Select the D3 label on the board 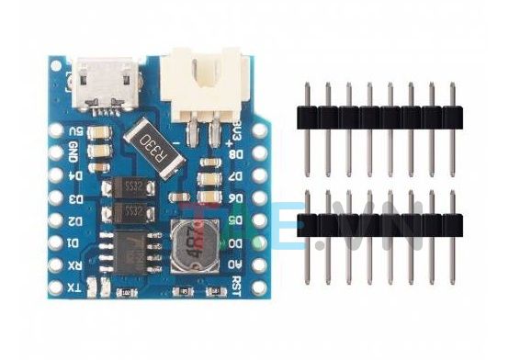pyautogui.click(x=76, y=197)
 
